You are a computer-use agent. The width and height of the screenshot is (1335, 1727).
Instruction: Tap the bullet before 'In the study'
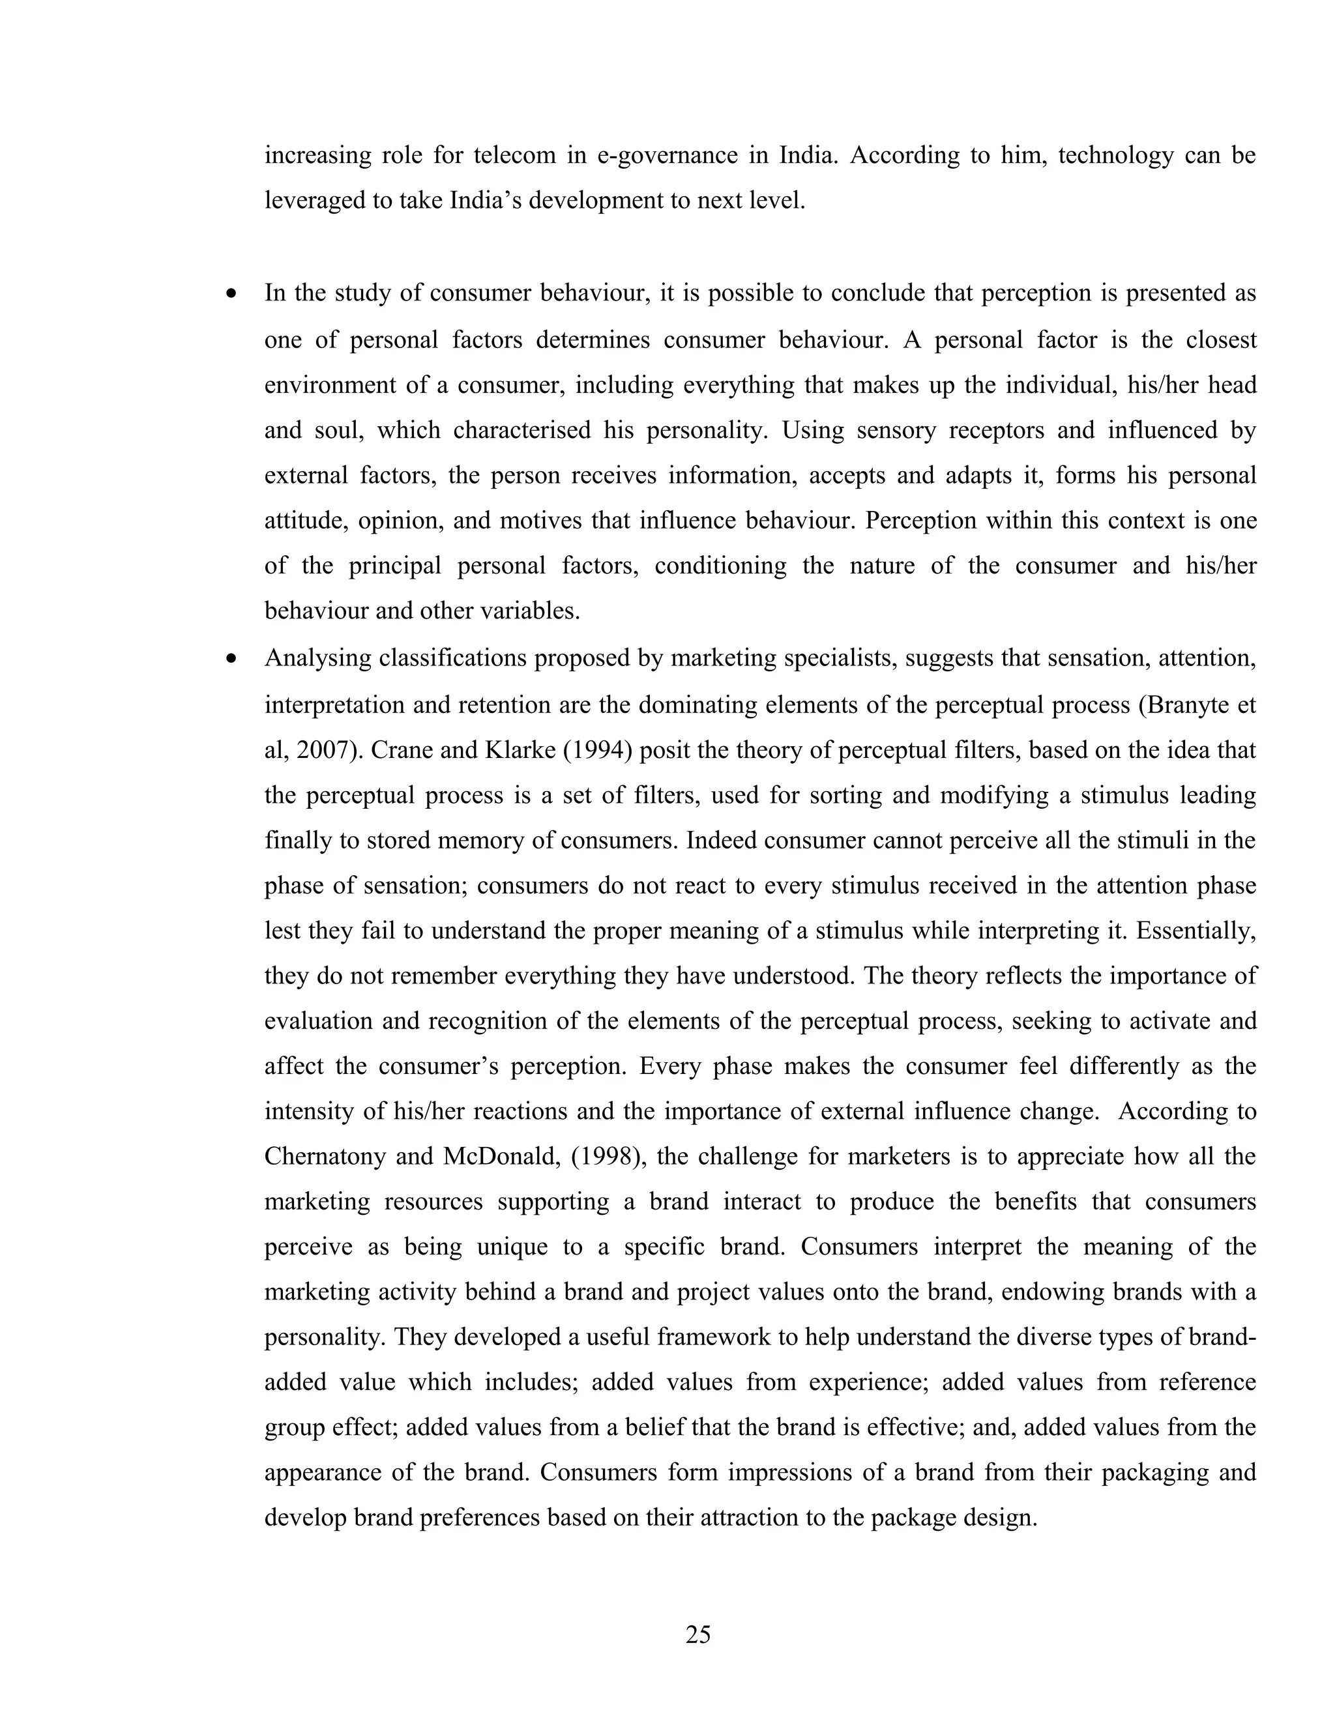[231, 294]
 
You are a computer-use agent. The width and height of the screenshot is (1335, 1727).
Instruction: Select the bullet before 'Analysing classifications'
[231, 659]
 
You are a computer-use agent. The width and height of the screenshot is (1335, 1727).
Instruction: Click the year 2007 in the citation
[322, 749]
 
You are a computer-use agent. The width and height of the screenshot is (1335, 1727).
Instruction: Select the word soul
[338, 430]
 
